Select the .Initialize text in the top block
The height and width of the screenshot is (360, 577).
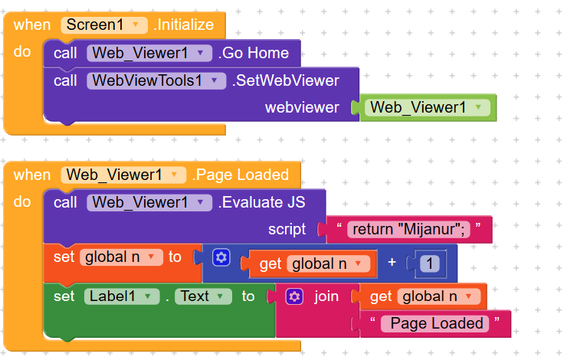[183, 25]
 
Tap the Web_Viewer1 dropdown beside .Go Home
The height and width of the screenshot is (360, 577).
[149, 53]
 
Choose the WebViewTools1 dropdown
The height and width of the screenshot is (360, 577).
[156, 80]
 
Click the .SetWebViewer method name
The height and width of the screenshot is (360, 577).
[285, 80]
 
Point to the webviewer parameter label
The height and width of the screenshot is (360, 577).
[302, 108]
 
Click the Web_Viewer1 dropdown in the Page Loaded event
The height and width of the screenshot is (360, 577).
[123, 175]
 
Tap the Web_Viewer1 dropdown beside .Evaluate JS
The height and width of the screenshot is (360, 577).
[149, 203]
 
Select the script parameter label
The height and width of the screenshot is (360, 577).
[287, 230]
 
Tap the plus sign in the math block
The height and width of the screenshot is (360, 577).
[392, 263]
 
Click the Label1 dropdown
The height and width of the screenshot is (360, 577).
[121, 296]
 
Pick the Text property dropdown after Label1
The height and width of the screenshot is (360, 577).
[201, 296]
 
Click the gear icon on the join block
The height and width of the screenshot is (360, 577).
[293, 296]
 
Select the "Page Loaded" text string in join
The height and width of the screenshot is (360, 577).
[436, 323]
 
